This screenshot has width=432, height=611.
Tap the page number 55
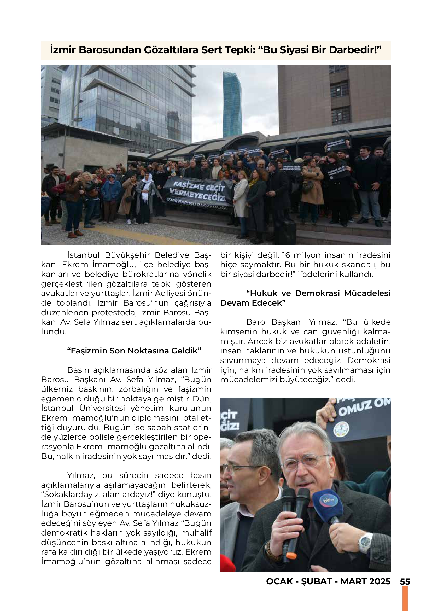pos(405,581)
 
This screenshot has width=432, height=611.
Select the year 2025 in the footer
pos(379,581)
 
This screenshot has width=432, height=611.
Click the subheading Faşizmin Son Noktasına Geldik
pos(134,351)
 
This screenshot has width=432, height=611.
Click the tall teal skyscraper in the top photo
pos(232,105)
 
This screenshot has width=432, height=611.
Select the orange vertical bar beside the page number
pos(405,599)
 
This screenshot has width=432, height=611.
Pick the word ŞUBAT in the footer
pos(317,581)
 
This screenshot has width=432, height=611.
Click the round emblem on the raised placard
pos(341,429)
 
